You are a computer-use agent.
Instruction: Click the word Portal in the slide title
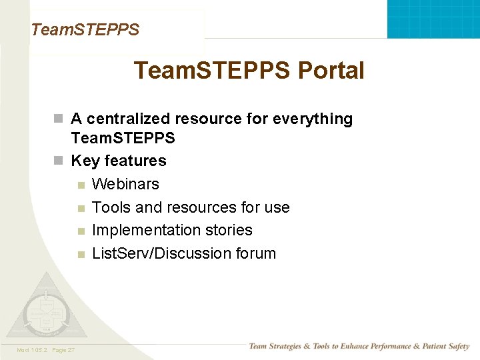[331, 71]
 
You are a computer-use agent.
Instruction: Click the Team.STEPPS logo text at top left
[85, 29]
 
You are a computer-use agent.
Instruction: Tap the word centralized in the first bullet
[129, 119]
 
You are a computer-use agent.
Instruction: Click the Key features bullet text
[118, 161]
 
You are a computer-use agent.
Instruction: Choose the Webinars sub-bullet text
[125, 184]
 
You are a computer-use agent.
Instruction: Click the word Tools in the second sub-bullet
[111, 207]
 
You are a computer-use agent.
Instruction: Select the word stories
[229, 230]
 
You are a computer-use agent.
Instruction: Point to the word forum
[255, 253]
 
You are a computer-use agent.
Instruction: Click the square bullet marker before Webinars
[80, 185]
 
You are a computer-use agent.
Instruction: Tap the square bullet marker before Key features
[59, 161]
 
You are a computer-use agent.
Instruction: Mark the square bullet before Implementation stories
[80, 231]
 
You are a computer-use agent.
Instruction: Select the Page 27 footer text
[63, 350]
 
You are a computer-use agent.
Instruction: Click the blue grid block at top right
[433, 19]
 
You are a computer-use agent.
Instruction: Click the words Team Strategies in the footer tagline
[274, 346]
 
